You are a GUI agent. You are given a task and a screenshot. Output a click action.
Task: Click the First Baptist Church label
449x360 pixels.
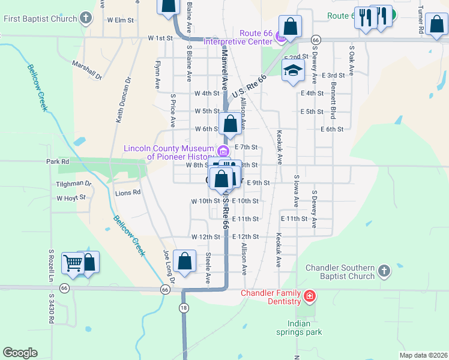point(40,19)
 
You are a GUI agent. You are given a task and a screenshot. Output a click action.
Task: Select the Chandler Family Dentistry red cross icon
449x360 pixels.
point(309,296)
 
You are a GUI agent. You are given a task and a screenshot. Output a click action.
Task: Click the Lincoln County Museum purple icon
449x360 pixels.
point(223,151)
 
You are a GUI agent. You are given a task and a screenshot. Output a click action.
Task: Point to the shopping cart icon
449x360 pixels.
point(73,262)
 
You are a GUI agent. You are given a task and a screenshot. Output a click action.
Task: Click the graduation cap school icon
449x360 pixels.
point(293,70)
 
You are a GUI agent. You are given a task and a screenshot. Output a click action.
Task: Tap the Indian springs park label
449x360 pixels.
point(299,328)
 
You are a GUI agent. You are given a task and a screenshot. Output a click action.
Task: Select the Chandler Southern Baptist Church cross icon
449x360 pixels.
point(384,272)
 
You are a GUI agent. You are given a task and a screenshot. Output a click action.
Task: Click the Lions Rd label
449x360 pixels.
point(127,193)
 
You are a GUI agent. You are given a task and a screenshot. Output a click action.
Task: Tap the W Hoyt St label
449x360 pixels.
point(71,197)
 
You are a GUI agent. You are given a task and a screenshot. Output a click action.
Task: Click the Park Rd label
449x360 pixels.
point(58,162)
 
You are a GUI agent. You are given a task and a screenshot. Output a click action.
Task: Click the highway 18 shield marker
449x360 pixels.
point(183,307)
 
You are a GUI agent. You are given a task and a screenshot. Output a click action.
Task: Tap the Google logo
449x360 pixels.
point(20,352)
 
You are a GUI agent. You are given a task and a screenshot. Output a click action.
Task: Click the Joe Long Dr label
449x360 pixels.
point(168,266)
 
